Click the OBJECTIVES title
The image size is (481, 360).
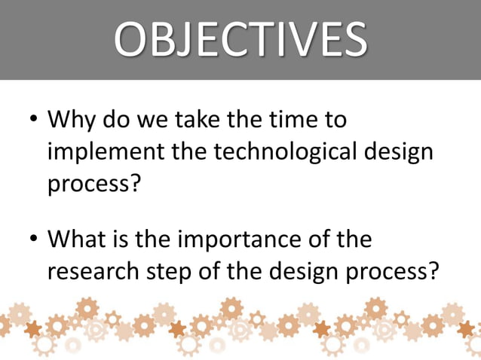[x=240, y=39]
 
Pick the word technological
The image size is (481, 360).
[x=285, y=151]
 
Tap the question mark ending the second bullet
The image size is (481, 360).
[x=432, y=271]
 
